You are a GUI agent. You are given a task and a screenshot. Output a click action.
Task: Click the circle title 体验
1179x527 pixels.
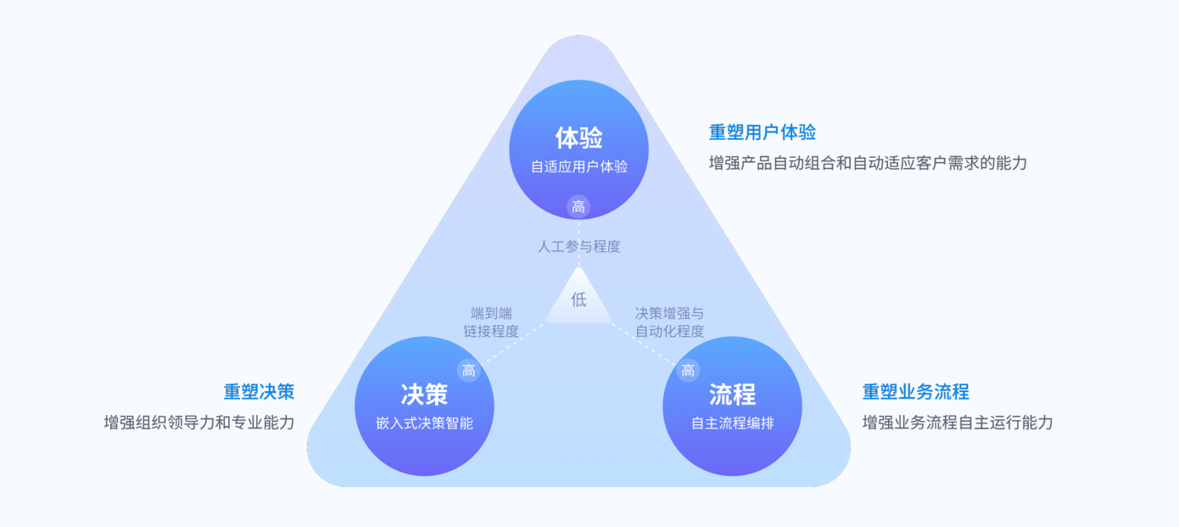(578, 137)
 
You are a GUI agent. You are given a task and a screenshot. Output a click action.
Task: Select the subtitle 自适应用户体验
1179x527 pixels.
(578, 166)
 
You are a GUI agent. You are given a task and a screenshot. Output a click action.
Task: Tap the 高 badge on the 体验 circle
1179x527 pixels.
(578, 206)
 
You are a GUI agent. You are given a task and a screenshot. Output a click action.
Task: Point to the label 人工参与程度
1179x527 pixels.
(578, 246)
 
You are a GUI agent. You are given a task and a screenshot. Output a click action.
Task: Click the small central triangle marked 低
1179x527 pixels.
(578, 300)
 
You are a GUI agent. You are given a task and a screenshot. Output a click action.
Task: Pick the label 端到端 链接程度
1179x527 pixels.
(491, 322)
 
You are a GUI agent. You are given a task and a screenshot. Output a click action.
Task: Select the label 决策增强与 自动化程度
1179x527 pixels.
(669, 322)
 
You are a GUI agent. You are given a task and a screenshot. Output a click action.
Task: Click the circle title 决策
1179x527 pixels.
(424, 394)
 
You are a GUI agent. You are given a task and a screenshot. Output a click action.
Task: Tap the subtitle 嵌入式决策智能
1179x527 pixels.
(424, 423)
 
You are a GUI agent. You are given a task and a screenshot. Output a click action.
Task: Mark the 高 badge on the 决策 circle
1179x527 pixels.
(468, 371)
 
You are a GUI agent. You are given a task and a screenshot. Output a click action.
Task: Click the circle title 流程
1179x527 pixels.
(732, 394)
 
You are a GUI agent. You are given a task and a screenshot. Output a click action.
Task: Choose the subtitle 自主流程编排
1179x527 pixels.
(732, 423)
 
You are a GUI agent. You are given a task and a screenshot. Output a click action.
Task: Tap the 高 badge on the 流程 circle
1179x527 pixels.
(688, 371)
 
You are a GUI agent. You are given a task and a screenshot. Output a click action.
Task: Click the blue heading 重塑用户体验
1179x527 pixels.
(762, 132)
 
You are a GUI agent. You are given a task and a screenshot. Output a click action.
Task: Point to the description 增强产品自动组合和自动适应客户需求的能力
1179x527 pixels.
(867, 162)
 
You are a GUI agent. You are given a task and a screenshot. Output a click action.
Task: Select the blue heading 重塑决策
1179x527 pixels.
(259, 392)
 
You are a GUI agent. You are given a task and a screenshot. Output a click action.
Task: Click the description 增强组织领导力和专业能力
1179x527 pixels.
(198, 422)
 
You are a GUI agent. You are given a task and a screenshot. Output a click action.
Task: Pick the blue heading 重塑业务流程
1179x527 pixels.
(915, 392)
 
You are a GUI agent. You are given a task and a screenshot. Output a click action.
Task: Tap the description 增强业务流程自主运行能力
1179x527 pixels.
(957, 422)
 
